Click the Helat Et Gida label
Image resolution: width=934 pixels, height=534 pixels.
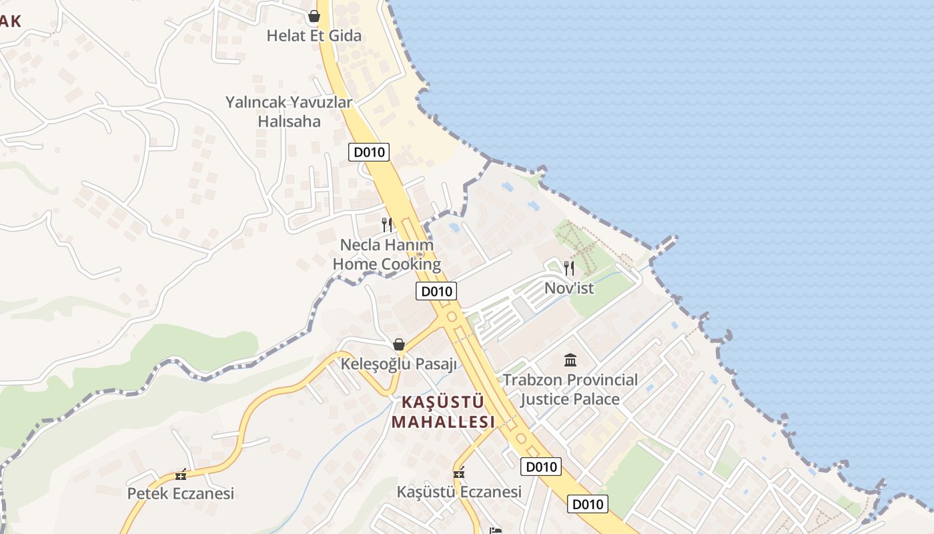click(x=314, y=35)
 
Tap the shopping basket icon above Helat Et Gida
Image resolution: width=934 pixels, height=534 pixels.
click(x=314, y=16)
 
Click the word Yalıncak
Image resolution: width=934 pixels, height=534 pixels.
click(x=256, y=103)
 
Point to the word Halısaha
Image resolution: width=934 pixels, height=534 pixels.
click(x=289, y=121)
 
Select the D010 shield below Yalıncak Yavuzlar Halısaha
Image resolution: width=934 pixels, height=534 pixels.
click(x=369, y=152)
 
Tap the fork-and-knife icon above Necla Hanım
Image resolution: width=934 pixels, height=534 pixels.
click(x=387, y=225)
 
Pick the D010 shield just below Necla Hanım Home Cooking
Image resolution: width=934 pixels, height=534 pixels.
click(x=436, y=291)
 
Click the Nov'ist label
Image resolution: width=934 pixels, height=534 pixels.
click(x=569, y=288)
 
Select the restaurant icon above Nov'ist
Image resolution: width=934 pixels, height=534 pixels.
click(x=569, y=268)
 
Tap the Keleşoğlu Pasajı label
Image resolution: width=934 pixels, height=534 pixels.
click(x=399, y=364)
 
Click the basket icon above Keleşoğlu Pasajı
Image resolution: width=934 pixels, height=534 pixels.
click(x=399, y=344)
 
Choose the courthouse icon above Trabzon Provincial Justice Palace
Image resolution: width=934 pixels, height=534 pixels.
click(x=570, y=360)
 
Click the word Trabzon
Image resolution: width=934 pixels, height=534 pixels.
click(x=532, y=380)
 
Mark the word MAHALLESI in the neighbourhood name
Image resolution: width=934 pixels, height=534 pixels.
click(x=443, y=422)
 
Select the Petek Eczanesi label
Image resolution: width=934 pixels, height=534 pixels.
click(x=181, y=494)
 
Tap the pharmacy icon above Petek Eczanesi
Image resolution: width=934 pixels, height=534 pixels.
click(x=180, y=475)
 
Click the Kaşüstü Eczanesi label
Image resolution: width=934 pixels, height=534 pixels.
click(x=459, y=492)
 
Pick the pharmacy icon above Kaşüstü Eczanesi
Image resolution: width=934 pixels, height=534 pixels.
click(x=459, y=473)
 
